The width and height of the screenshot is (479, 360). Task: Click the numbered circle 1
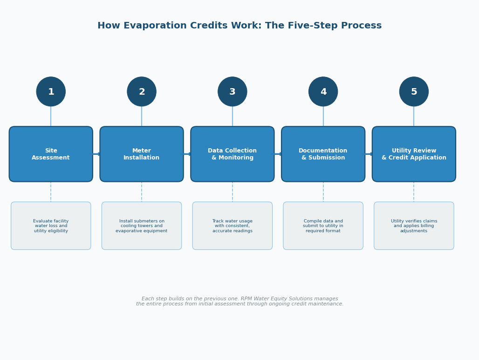click(x=51, y=92)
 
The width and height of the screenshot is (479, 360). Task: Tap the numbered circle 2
click(x=142, y=92)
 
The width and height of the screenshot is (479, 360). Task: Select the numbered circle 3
click(x=233, y=92)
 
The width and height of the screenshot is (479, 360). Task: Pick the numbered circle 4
click(x=323, y=92)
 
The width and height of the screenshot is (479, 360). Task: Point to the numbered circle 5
click(x=414, y=92)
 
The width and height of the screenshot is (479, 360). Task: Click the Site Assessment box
click(x=51, y=154)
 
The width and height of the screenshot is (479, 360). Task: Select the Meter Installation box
click(x=142, y=154)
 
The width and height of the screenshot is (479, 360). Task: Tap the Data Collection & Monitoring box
click(x=233, y=154)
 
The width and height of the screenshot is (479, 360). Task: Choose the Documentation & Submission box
click(x=323, y=154)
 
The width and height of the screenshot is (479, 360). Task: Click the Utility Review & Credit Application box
click(x=414, y=154)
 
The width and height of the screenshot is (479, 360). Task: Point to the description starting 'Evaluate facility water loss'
click(x=51, y=226)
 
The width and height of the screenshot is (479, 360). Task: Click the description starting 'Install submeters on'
click(x=142, y=226)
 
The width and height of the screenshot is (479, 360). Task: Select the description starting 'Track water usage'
click(x=233, y=226)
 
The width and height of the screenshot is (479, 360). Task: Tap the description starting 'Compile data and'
click(x=323, y=226)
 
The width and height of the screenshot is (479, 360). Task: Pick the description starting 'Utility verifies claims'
click(x=414, y=226)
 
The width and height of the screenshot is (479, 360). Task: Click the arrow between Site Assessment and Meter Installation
click(x=96, y=154)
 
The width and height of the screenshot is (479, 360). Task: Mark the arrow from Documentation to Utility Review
click(x=369, y=154)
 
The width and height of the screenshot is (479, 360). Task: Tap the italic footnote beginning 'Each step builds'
click(x=239, y=302)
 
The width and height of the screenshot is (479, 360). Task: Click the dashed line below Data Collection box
click(x=233, y=192)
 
